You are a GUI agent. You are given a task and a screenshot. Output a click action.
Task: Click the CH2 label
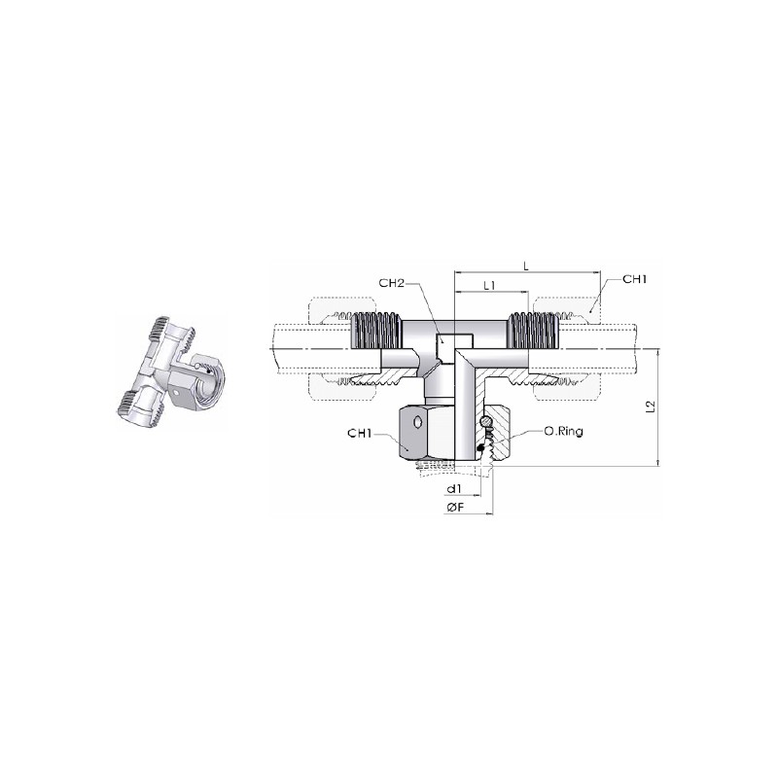pyautogui.click(x=392, y=283)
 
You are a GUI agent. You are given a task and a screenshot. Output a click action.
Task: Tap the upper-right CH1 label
pyautogui.click(x=635, y=279)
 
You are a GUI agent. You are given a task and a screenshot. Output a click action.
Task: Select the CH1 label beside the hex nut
pyautogui.click(x=360, y=434)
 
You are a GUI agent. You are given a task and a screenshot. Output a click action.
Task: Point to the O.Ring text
pyautogui.click(x=564, y=431)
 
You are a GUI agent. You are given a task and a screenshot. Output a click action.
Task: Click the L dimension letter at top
pyautogui.click(x=527, y=266)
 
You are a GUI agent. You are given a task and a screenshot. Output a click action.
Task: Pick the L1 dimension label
pyautogui.click(x=490, y=286)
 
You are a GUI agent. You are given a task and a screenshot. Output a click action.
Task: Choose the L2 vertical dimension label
pyautogui.click(x=652, y=407)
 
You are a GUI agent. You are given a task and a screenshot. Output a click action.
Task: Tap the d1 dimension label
pyautogui.click(x=454, y=489)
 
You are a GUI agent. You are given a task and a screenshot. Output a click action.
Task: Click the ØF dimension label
pyautogui.click(x=454, y=507)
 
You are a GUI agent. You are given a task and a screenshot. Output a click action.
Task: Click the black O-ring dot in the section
pyautogui.click(x=479, y=447)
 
